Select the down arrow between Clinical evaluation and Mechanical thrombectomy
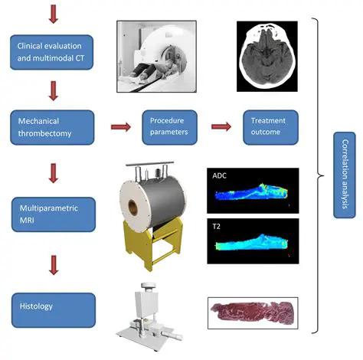click(52, 91)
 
